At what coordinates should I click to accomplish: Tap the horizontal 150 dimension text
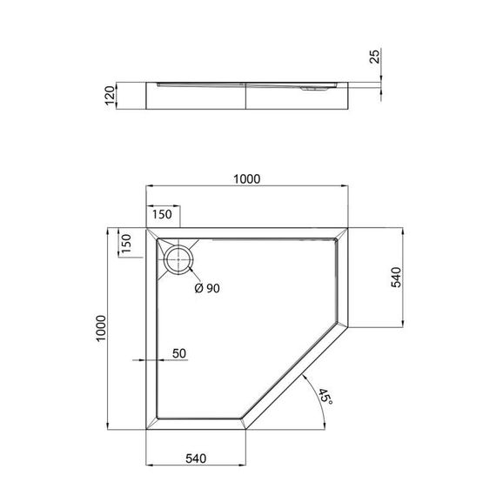163,214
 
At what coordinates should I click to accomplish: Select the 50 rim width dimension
180,352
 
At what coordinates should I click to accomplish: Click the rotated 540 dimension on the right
395,278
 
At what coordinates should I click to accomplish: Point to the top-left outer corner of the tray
144,228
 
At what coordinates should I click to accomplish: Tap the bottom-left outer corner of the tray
144,432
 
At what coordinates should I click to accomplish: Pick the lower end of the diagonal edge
248,432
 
